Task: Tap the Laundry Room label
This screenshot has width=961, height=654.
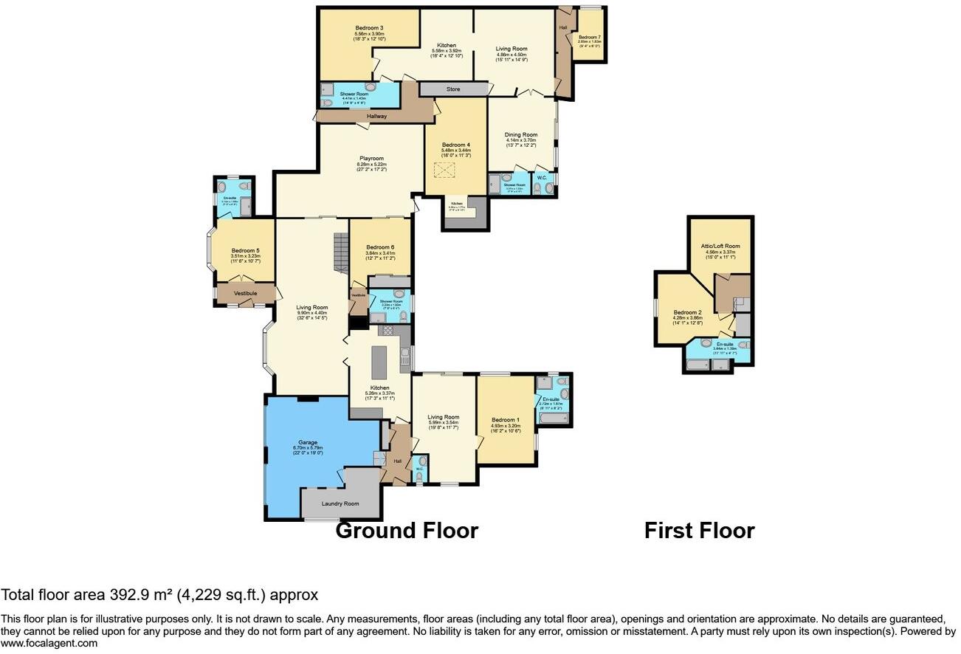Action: pos(340,503)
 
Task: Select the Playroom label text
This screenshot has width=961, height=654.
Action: pos(371,158)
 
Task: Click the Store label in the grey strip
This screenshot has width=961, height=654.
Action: pos(453,89)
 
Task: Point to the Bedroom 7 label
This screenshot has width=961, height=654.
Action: pos(589,37)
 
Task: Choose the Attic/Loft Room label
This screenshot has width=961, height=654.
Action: pos(720,246)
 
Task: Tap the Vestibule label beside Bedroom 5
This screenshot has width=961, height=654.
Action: pos(246,293)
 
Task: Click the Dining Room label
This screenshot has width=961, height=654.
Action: pos(521,134)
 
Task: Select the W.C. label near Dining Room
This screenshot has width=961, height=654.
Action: pos(541,177)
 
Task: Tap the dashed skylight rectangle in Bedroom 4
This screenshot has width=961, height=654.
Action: pos(445,171)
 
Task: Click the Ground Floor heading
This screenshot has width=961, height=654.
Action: pos(407,530)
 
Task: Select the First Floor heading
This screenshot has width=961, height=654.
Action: pos(699,530)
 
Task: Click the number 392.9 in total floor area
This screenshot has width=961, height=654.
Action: pos(128,595)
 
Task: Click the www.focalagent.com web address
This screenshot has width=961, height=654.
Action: pos(49,643)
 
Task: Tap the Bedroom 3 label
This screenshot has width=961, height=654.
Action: pos(368,28)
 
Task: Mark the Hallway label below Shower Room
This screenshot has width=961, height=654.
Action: pos(372,116)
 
